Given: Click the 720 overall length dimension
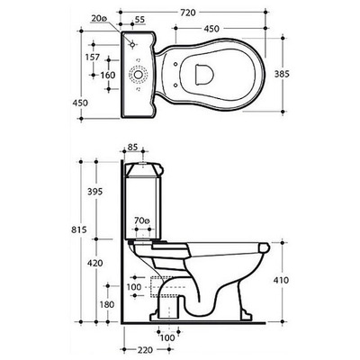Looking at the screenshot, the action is coord(187,13).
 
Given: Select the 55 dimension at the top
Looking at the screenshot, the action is coord(139,20).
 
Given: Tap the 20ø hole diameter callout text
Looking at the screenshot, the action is coord(99,19).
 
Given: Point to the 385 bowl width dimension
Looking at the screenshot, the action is coord(282,74).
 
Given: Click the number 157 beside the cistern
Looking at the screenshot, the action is coord(92,57).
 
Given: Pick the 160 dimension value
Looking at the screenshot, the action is coord(108,75).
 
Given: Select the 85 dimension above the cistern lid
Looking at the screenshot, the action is coord(132,147).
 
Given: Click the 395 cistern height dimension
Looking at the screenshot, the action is coord(94,192).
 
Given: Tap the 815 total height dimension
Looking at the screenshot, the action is coord(79,229).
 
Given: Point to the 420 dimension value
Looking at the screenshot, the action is coord(94,264).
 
